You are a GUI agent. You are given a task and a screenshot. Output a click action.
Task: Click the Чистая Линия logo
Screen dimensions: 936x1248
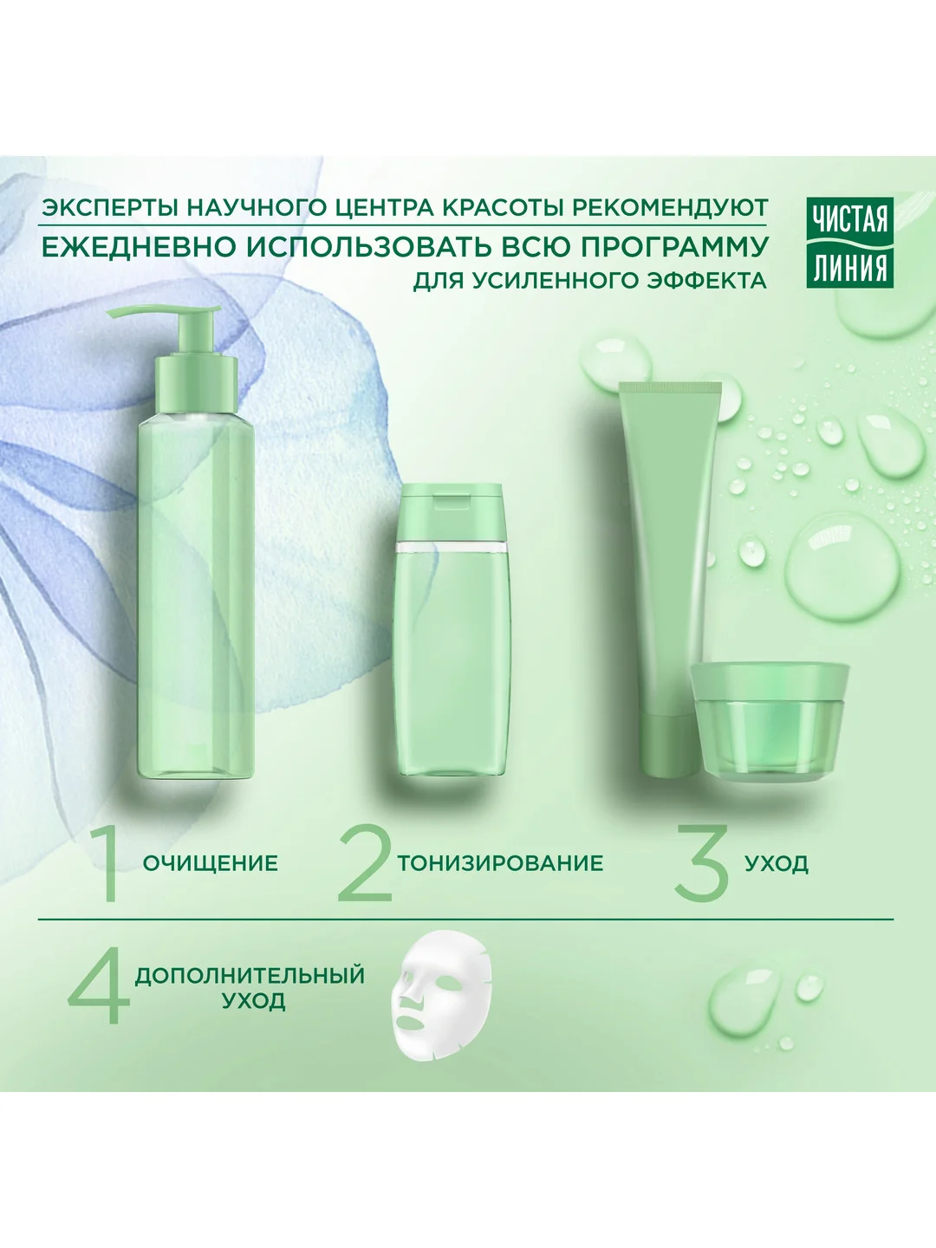[x=850, y=243]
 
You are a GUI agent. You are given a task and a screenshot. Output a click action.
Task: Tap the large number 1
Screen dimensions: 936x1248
[x=107, y=862]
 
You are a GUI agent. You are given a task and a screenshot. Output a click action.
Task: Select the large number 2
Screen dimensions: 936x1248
[x=366, y=862]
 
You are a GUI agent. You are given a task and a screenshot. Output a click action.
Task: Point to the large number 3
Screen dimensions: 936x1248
[x=702, y=862]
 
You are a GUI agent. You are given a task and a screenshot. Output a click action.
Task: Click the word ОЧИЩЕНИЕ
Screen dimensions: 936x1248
[x=211, y=863]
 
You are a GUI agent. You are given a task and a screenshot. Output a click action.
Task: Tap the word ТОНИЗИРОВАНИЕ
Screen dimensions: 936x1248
[x=500, y=863]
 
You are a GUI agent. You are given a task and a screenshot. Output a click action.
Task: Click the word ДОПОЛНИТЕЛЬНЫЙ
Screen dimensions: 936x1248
[x=250, y=975]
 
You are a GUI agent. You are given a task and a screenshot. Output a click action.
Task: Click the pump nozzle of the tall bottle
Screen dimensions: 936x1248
[x=163, y=312]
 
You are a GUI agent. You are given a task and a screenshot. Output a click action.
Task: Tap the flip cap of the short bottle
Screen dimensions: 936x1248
[x=452, y=510]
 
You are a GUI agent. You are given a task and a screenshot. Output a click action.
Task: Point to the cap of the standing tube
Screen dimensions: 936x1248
[x=669, y=744]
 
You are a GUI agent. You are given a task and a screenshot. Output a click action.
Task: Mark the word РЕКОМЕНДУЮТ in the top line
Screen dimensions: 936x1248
[x=670, y=207]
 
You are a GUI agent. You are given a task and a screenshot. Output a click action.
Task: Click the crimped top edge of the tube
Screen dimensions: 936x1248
[x=670, y=387]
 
